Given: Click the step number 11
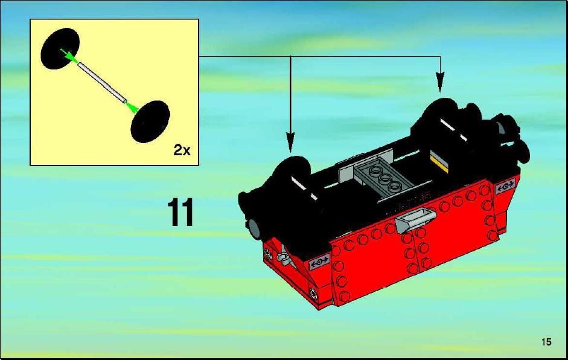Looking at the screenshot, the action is (180, 213).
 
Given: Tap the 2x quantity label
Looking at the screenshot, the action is (182, 150).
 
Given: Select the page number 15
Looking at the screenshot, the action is (547, 341).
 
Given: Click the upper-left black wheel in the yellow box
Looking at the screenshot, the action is (60, 48).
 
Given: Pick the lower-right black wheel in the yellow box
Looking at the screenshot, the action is (150, 121).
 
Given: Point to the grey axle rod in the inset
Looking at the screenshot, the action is (103, 82).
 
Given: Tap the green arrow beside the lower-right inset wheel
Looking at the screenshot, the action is (132, 106).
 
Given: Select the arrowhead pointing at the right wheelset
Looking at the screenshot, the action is (440, 82).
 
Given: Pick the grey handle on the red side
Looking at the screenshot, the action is (415, 219).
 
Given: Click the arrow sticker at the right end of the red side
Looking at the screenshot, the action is (505, 187).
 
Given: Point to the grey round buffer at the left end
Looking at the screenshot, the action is (255, 228).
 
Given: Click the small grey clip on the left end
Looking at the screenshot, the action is (283, 256).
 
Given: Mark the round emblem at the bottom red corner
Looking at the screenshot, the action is (313, 292).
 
